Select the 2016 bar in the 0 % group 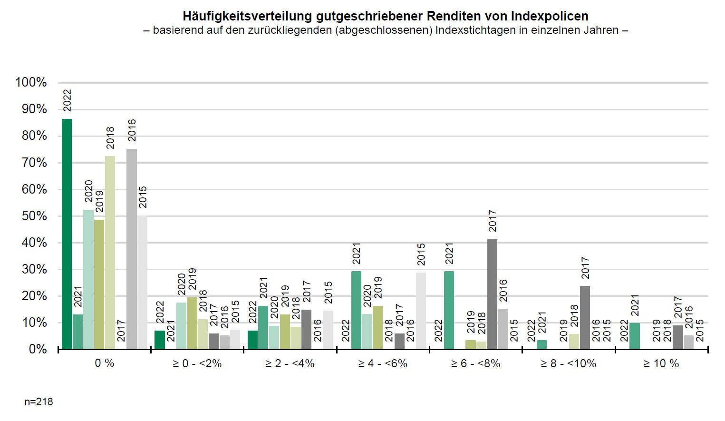click(132, 249)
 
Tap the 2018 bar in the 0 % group click(110, 253)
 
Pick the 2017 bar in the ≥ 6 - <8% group click(492, 294)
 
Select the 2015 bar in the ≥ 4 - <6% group click(421, 311)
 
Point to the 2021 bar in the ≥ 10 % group click(635, 336)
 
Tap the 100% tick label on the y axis click(31, 83)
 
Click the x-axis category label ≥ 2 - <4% click(290, 364)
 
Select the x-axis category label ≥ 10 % click(661, 364)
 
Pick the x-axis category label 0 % click(105, 364)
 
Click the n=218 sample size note click(39, 402)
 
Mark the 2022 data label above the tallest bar click(67, 100)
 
